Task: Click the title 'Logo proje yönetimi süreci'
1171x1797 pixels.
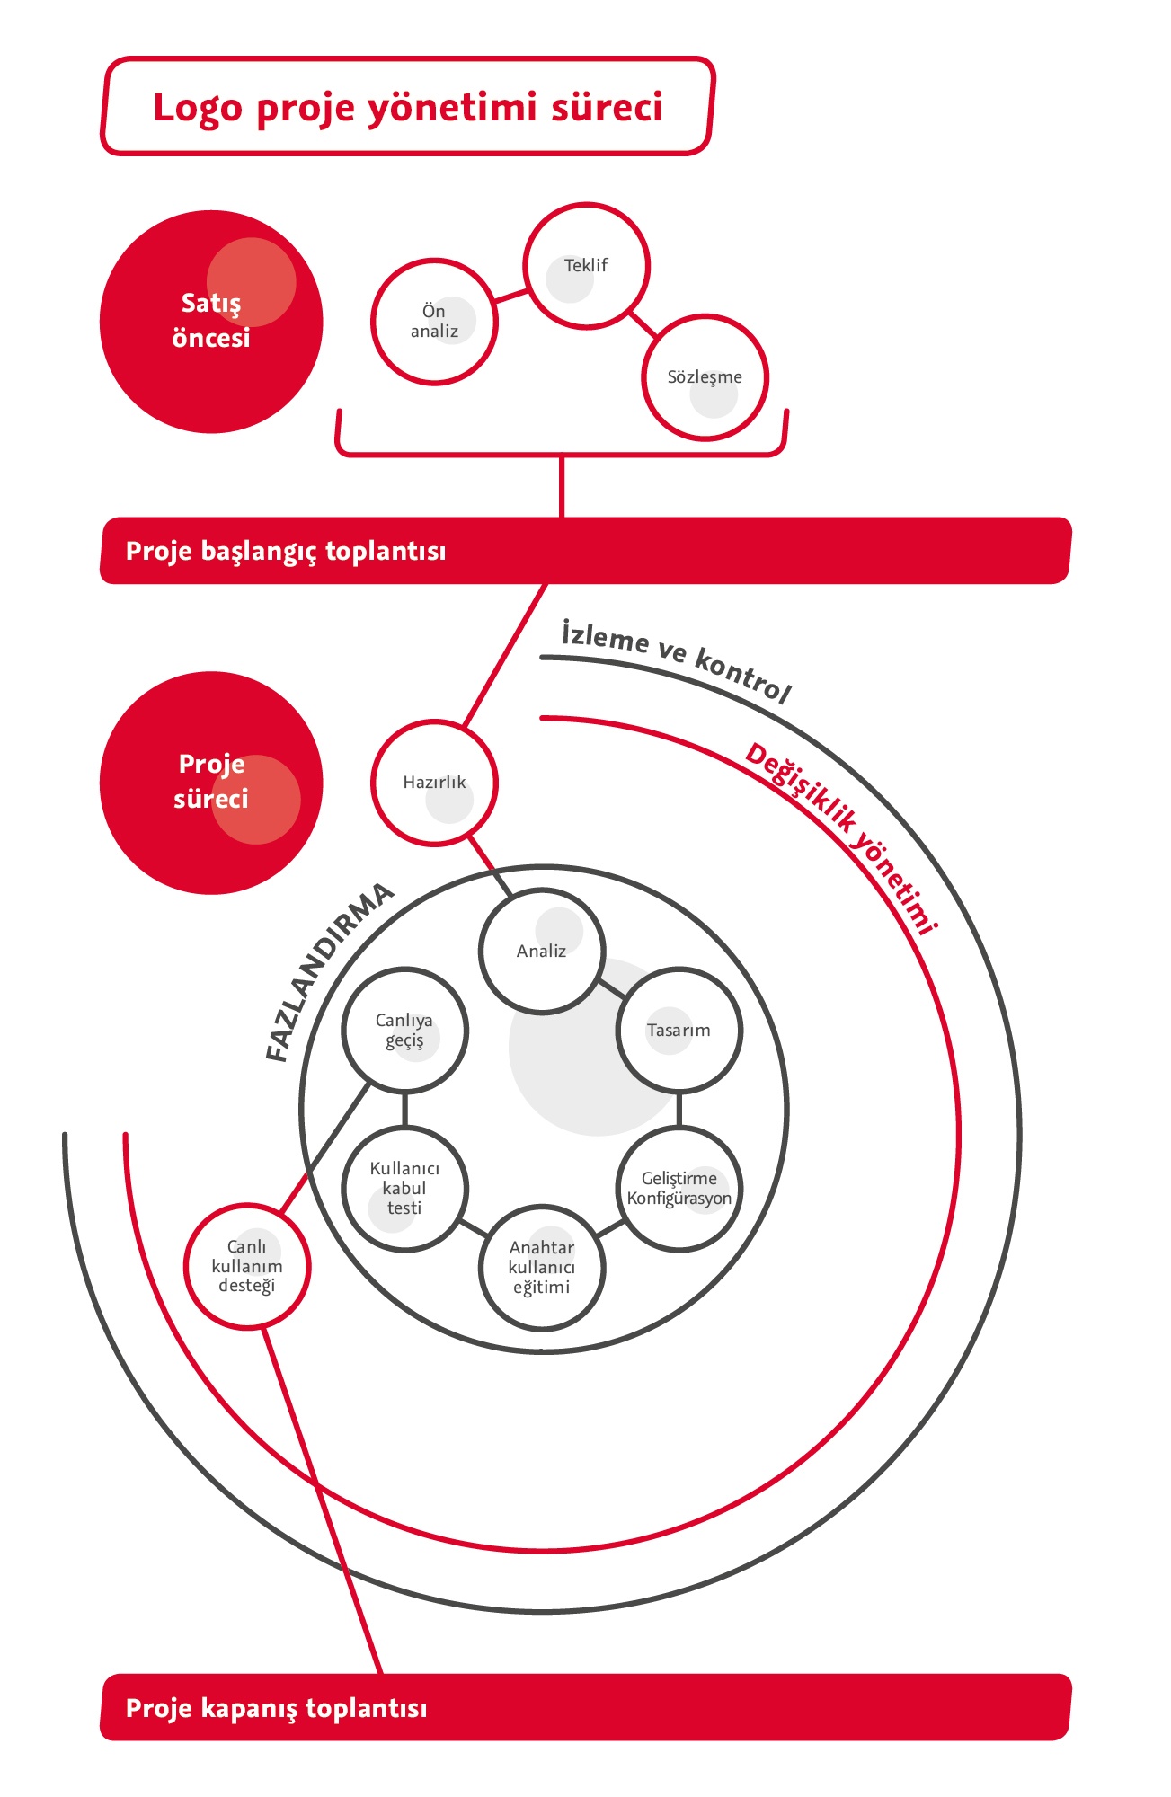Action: pos(407,107)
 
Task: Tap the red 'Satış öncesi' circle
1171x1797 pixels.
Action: pos(211,322)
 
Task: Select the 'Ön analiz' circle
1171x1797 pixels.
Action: pos(434,322)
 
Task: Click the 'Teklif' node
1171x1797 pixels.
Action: pos(586,266)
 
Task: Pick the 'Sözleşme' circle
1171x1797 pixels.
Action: pos(705,377)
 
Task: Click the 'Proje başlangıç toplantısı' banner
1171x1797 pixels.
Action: pos(585,551)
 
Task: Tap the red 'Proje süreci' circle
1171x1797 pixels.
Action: pos(211,783)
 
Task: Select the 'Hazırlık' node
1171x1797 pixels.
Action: pos(434,783)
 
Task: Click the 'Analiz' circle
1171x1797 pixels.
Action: pos(542,952)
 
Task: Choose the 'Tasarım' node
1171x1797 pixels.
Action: pos(679,1031)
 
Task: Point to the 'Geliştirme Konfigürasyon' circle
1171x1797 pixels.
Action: pos(679,1188)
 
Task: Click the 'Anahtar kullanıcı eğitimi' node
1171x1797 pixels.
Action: pos(542,1267)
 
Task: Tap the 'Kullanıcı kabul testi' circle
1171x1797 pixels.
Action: pos(404,1189)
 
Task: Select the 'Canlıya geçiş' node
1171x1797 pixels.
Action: pos(404,1031)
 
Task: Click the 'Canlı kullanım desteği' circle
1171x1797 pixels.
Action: pos(247,1266)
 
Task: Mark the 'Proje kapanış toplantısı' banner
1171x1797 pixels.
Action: pos(585,1707)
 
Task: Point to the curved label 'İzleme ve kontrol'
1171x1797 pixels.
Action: pos(676,660)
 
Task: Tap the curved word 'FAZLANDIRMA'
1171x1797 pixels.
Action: pos(328,971)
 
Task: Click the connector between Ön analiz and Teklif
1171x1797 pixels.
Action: pos(510,295)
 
